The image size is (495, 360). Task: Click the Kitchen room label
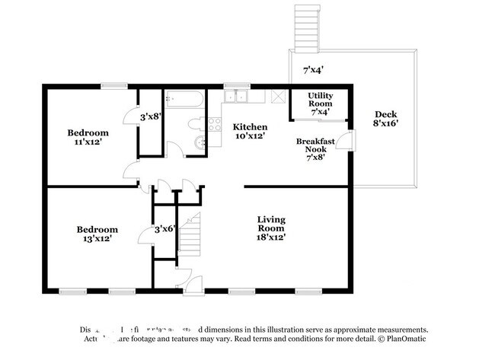pos(250,131)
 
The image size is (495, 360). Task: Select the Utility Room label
pos(319,104)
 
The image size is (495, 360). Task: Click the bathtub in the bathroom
pos(184,100)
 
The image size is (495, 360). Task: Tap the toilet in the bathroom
pos(194,123)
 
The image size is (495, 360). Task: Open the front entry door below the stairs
pos(185,282)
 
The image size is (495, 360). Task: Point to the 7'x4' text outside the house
pos(313,69)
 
